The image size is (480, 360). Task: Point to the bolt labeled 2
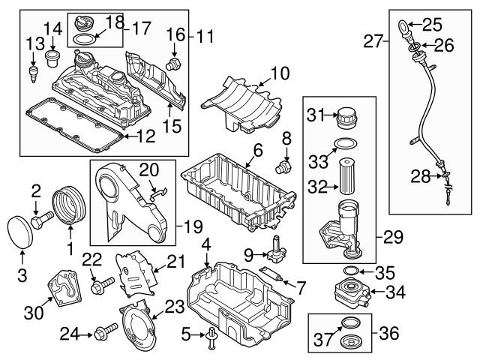click(41, 220)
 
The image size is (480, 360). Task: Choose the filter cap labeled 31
click(346, 120)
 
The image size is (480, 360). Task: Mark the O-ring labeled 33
click(344, 144)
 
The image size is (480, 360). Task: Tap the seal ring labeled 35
click(346, 270)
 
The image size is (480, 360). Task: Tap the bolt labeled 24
click(106, 329)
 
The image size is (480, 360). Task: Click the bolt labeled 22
click(100, 285)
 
